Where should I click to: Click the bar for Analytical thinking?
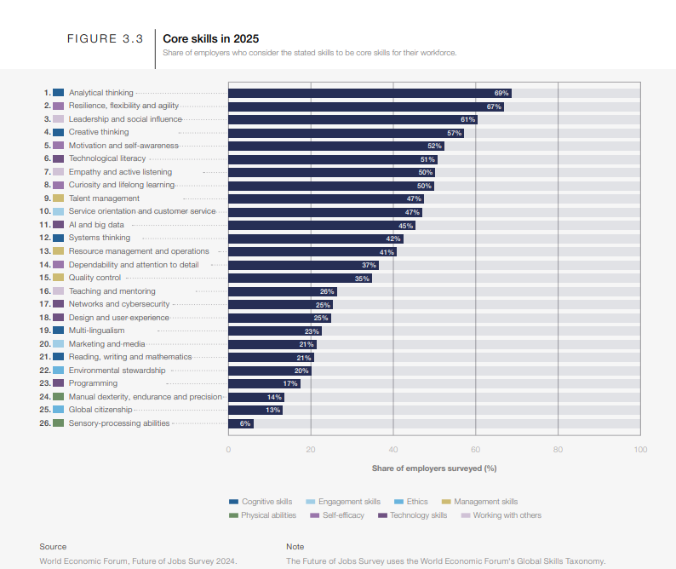(370, 93)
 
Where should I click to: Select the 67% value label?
(493, 106)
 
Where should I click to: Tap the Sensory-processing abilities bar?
(240, 423)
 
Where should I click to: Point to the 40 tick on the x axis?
(392, 450)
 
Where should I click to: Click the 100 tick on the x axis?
(640, 450)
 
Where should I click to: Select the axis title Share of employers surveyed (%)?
(434, 468)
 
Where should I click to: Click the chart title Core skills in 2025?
(211, 38)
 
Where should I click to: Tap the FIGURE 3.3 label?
(104, 39)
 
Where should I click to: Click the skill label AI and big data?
(96, 225)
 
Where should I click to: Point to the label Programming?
(93, 383)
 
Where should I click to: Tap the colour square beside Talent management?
(58, 198)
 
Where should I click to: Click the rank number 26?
(45, 423)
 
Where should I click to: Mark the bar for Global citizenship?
(255, 410)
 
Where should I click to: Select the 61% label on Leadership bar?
(467, 119)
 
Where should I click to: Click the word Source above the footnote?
(53, 547)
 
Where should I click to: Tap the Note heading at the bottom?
(295, 547)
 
